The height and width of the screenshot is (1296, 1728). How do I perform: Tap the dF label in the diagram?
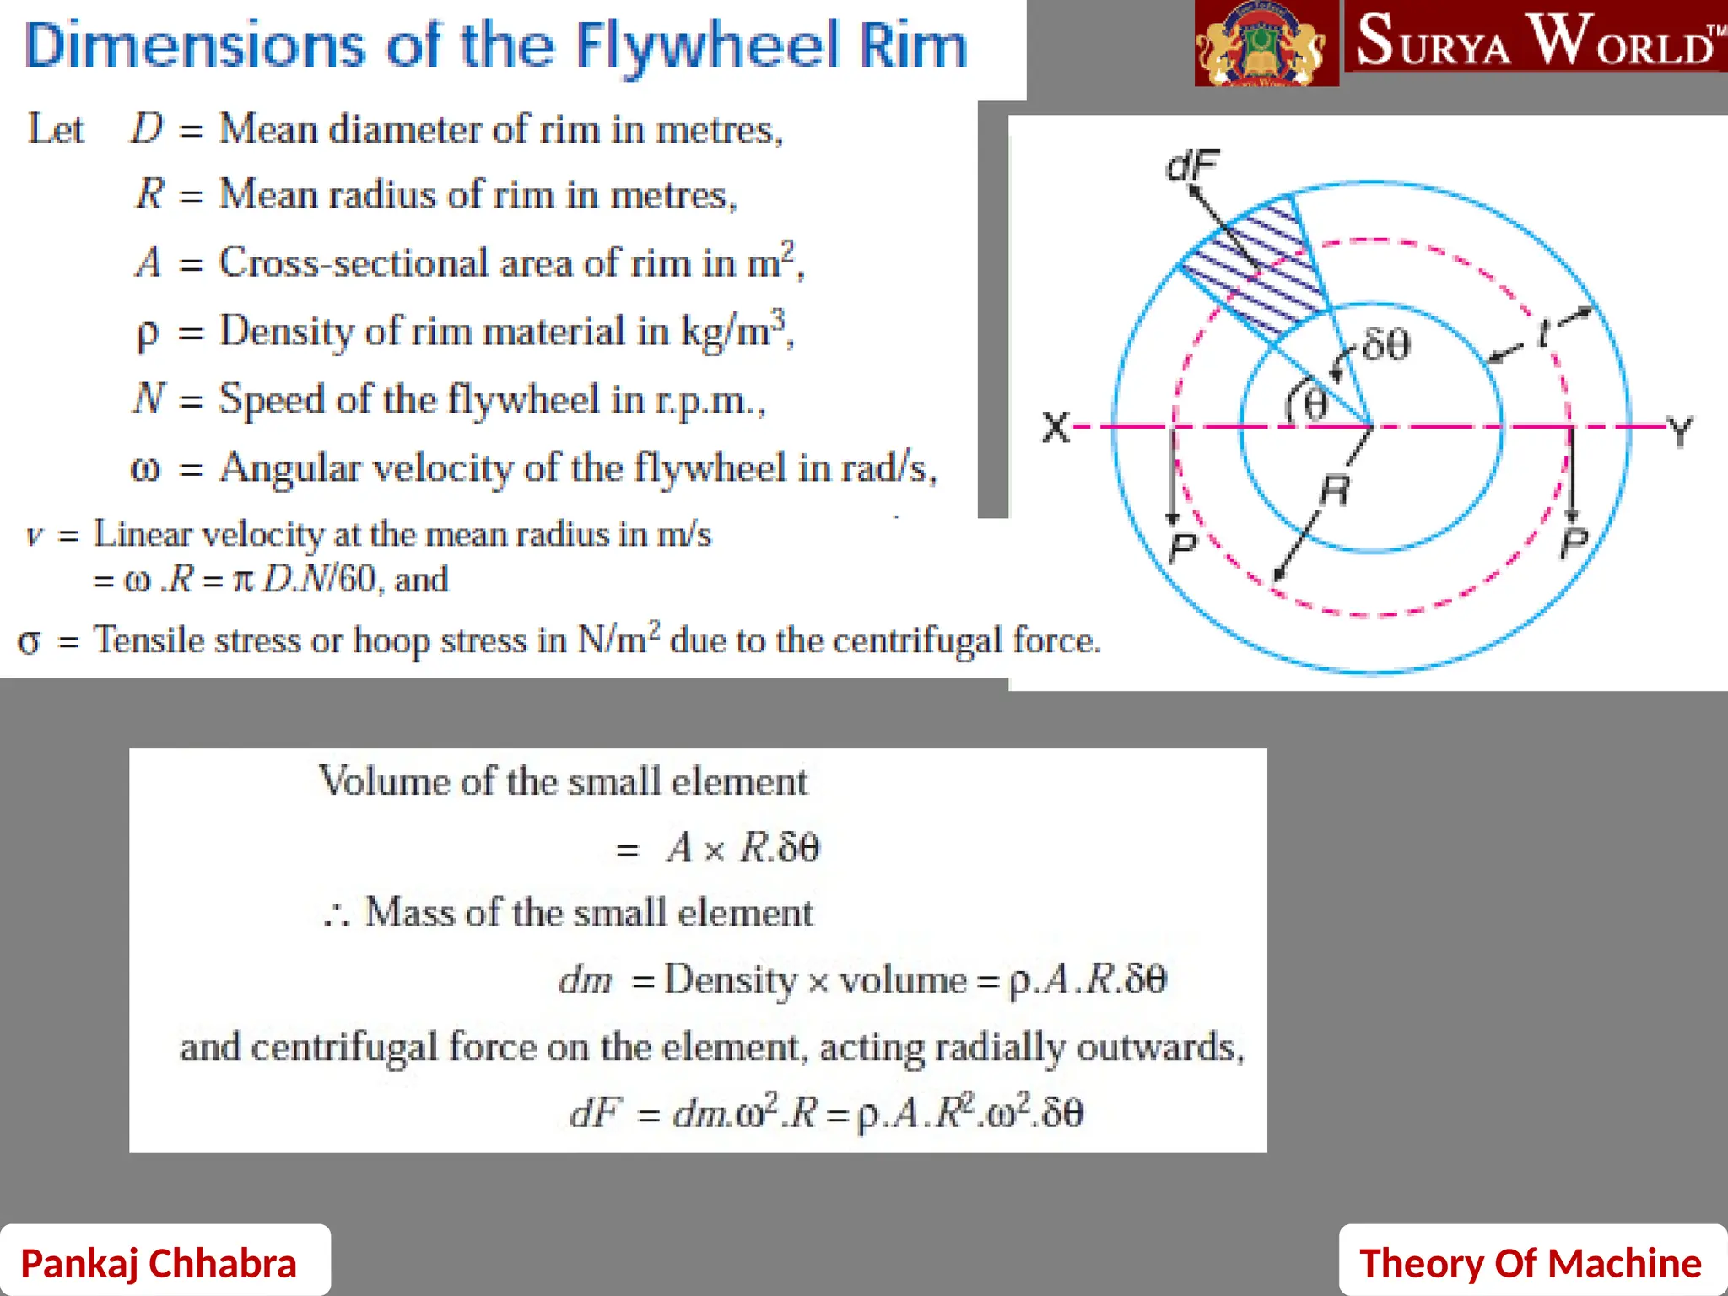click(x=1191, y=166)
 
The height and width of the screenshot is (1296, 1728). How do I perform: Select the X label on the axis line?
click(x=1056, y=427)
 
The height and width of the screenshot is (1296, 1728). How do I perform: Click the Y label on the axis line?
click(x=1680, y=430)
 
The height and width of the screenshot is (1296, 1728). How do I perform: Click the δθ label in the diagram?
click(x=1386, y=345)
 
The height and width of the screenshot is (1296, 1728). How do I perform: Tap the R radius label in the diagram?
click(x=1335, y=489)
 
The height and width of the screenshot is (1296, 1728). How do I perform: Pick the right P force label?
click(x=1574, y=543)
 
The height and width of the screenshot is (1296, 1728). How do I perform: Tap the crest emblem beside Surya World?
click(x=1266, y=44)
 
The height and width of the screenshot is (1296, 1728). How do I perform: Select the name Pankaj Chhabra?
click(x=159, y=1263)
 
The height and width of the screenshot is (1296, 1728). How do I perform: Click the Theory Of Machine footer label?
click(x=1530, y=1263)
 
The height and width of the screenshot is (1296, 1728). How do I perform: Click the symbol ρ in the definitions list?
click(x=147, y=332)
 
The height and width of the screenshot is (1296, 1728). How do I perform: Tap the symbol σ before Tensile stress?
click(x=29, y=640)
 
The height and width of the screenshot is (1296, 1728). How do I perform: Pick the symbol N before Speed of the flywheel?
click(x=148, y=398)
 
